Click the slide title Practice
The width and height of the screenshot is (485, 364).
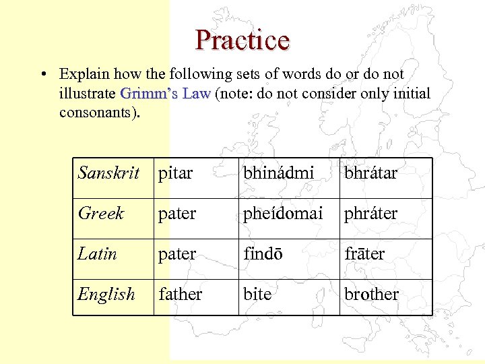point(243,40)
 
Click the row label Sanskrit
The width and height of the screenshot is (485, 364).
point(108,173)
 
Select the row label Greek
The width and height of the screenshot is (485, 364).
point(101,214)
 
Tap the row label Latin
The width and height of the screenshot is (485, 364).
point(98,254)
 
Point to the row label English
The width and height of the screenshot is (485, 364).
point(106,295)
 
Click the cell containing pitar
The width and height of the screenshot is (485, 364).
point(175,173)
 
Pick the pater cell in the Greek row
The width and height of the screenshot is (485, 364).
point(176,214)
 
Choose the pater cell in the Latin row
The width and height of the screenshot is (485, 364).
point(176,254)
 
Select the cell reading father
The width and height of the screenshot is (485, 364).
point(180,295)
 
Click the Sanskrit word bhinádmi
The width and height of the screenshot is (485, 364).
point(279,173)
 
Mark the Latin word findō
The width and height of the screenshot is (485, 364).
point(263,254)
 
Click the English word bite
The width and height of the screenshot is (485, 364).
point(257,295)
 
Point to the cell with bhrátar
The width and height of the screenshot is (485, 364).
point(371,173)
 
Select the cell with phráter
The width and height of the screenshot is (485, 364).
point(371,214)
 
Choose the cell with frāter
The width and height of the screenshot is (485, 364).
point(364,254)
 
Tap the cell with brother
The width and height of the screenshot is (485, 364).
point(372,295)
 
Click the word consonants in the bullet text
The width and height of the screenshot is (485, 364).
point(98,112)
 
